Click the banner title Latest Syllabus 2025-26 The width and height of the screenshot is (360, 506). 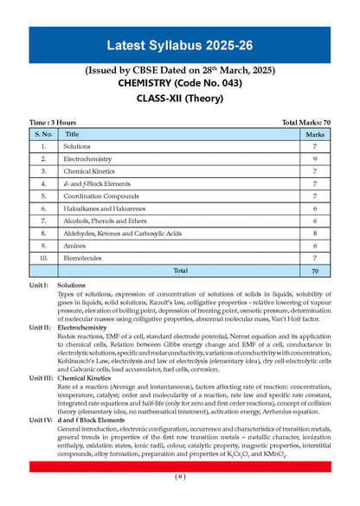(x=179, y=44)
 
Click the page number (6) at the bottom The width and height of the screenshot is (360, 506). (x=179, y=477)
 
